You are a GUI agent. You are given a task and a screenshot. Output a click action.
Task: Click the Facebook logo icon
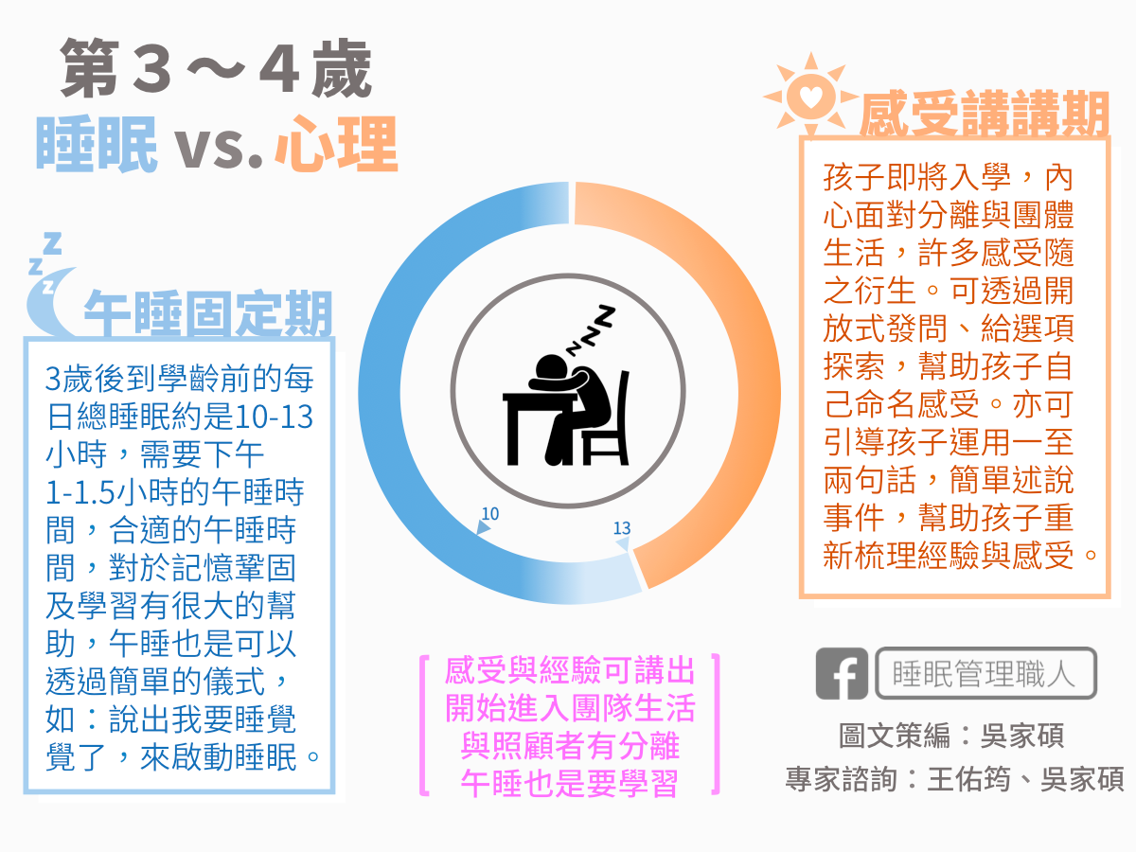click(x=842, y=673)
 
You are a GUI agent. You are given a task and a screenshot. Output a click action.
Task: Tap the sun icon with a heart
click(x=811, y=97)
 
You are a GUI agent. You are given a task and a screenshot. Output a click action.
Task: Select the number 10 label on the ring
click(x=490, y=514)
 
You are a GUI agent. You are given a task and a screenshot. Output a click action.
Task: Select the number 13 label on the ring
click(x=622, y=528)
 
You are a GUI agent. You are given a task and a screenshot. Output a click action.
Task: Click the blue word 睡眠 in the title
click(x=97, y=144)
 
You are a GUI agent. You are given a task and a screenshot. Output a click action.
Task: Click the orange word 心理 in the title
click(x=336, y=144)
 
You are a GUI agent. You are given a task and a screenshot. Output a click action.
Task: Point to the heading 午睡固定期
click(x=208, y=312)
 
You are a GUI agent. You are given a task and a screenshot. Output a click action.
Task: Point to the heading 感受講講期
click(x=985, y=114)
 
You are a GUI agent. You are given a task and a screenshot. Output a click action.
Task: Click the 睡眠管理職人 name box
click(x=985, y=673)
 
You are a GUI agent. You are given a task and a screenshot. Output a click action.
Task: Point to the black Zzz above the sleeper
click(x=590, y=330)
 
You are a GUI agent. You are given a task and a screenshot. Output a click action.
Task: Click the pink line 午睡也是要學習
click(x=569, y=784)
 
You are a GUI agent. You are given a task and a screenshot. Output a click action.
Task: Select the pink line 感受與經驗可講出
click(x=569, y=670)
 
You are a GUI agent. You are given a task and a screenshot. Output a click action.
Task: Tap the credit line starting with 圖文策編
click(x=951, y=736)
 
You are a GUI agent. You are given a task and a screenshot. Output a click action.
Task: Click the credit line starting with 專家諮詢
click(x=955, y=778)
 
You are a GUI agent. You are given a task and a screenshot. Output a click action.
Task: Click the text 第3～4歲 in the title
click(x=217, y=69)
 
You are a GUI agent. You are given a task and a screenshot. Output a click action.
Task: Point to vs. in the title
click(x=219, y=149)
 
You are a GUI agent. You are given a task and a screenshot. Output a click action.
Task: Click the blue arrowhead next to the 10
click(x=482, y=527)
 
